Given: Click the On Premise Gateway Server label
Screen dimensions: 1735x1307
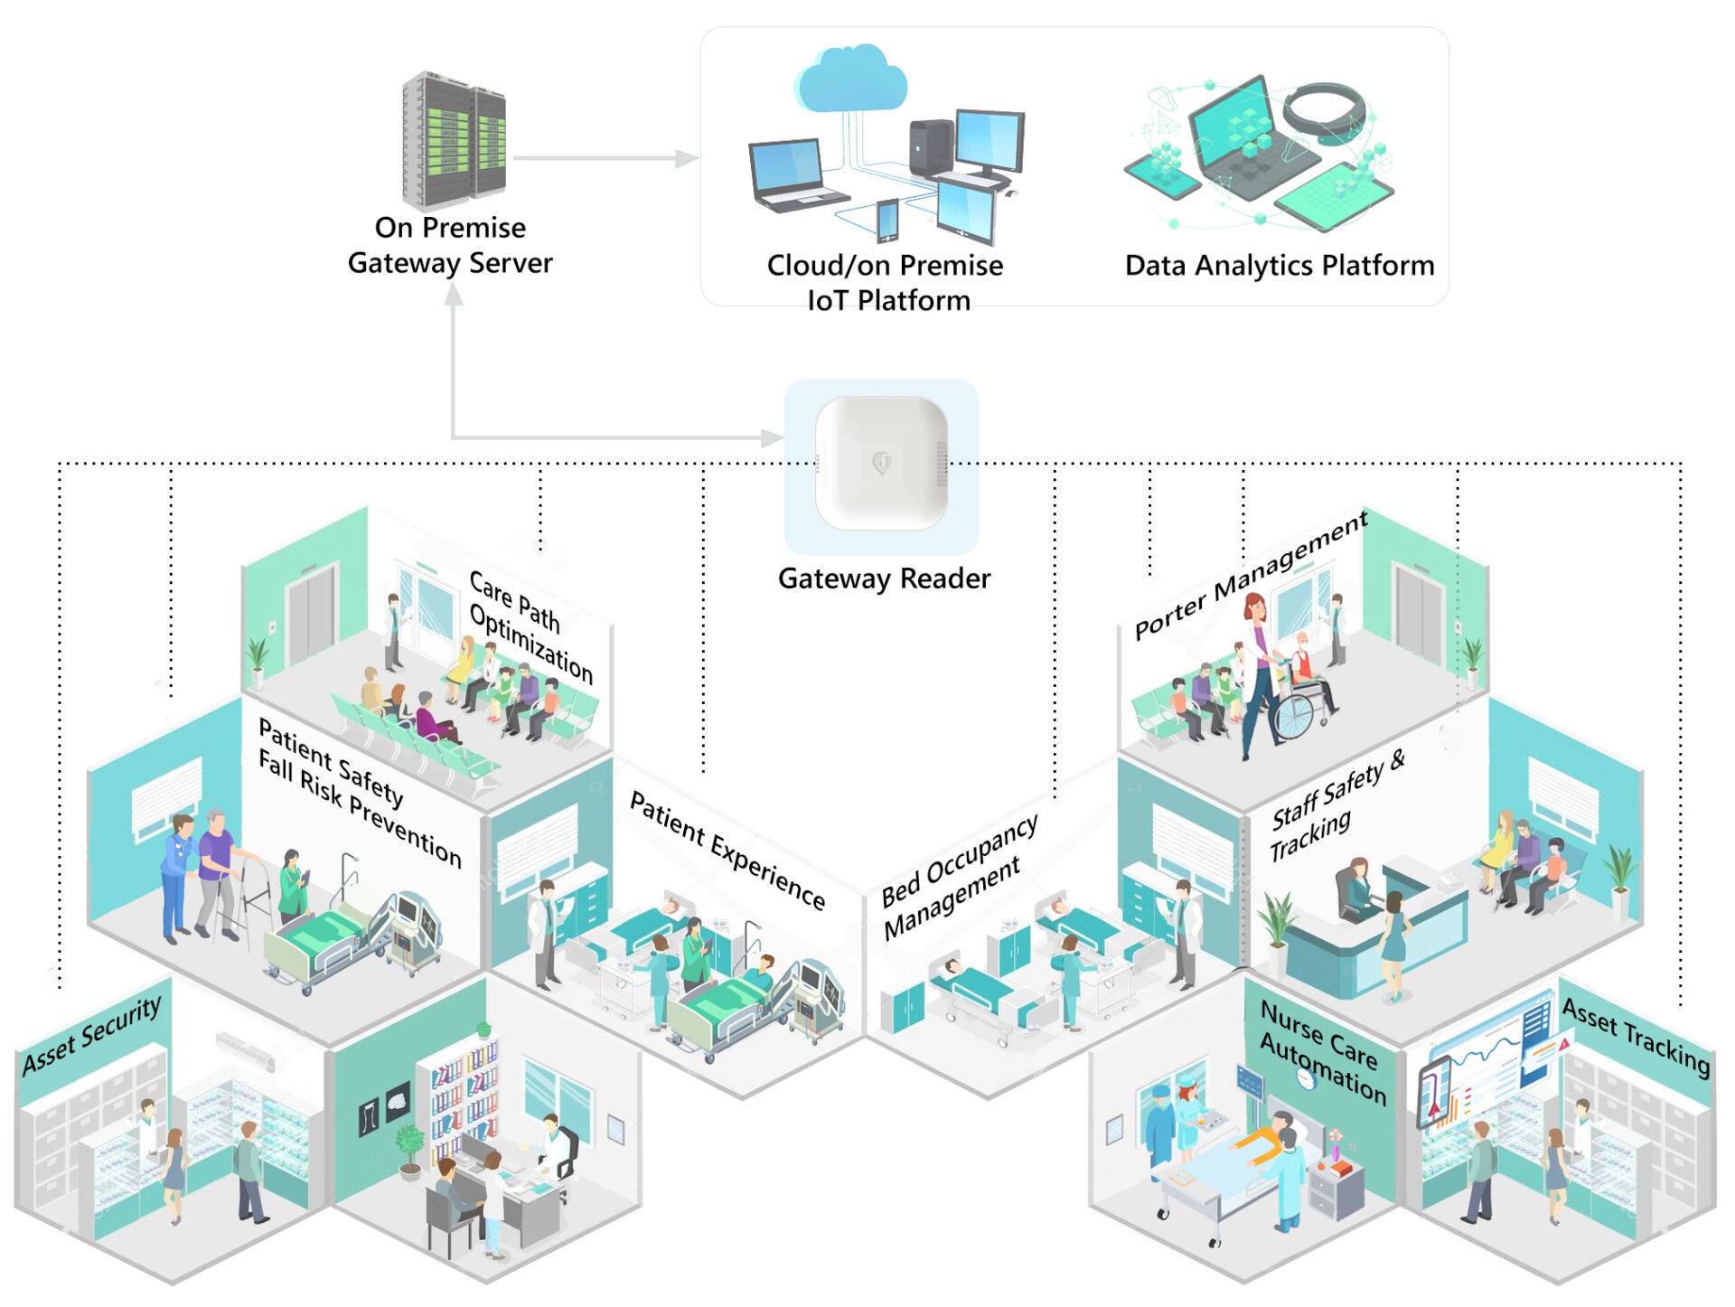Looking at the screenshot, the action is click(450, 245).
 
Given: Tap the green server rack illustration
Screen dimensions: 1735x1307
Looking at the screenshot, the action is click(454, 140).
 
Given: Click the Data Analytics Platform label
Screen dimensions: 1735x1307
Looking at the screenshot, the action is click(1280, 265).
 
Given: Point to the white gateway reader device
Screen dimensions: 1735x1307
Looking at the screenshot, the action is click(882, 463).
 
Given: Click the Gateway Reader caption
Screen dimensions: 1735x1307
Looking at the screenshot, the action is click(884, 578).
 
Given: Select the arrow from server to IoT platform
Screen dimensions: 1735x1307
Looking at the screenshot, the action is click(605, 158).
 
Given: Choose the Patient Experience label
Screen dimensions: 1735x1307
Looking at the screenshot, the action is click(727, 850).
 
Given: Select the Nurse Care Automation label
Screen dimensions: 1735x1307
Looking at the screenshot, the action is click(1323, 1052).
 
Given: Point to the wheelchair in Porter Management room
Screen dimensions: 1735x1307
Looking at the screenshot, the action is click(1302, 705).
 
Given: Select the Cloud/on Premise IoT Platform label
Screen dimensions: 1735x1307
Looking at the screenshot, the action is click(886, 282).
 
